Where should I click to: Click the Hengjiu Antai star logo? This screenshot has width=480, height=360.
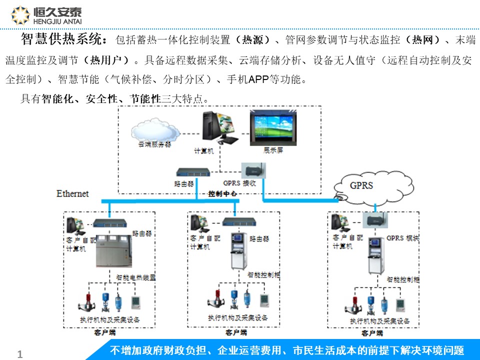(x=20, y=15)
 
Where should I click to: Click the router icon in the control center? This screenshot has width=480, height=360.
(x=192, y=172)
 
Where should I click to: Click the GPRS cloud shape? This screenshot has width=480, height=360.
(x=361, y=186)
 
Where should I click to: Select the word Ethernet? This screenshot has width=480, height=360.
(x=72, y=193)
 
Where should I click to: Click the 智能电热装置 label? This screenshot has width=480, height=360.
(x=135, y=276)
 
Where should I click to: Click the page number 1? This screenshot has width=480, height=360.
(x=20, y=354)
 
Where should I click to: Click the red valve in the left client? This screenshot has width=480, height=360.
(x=84, y=304)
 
